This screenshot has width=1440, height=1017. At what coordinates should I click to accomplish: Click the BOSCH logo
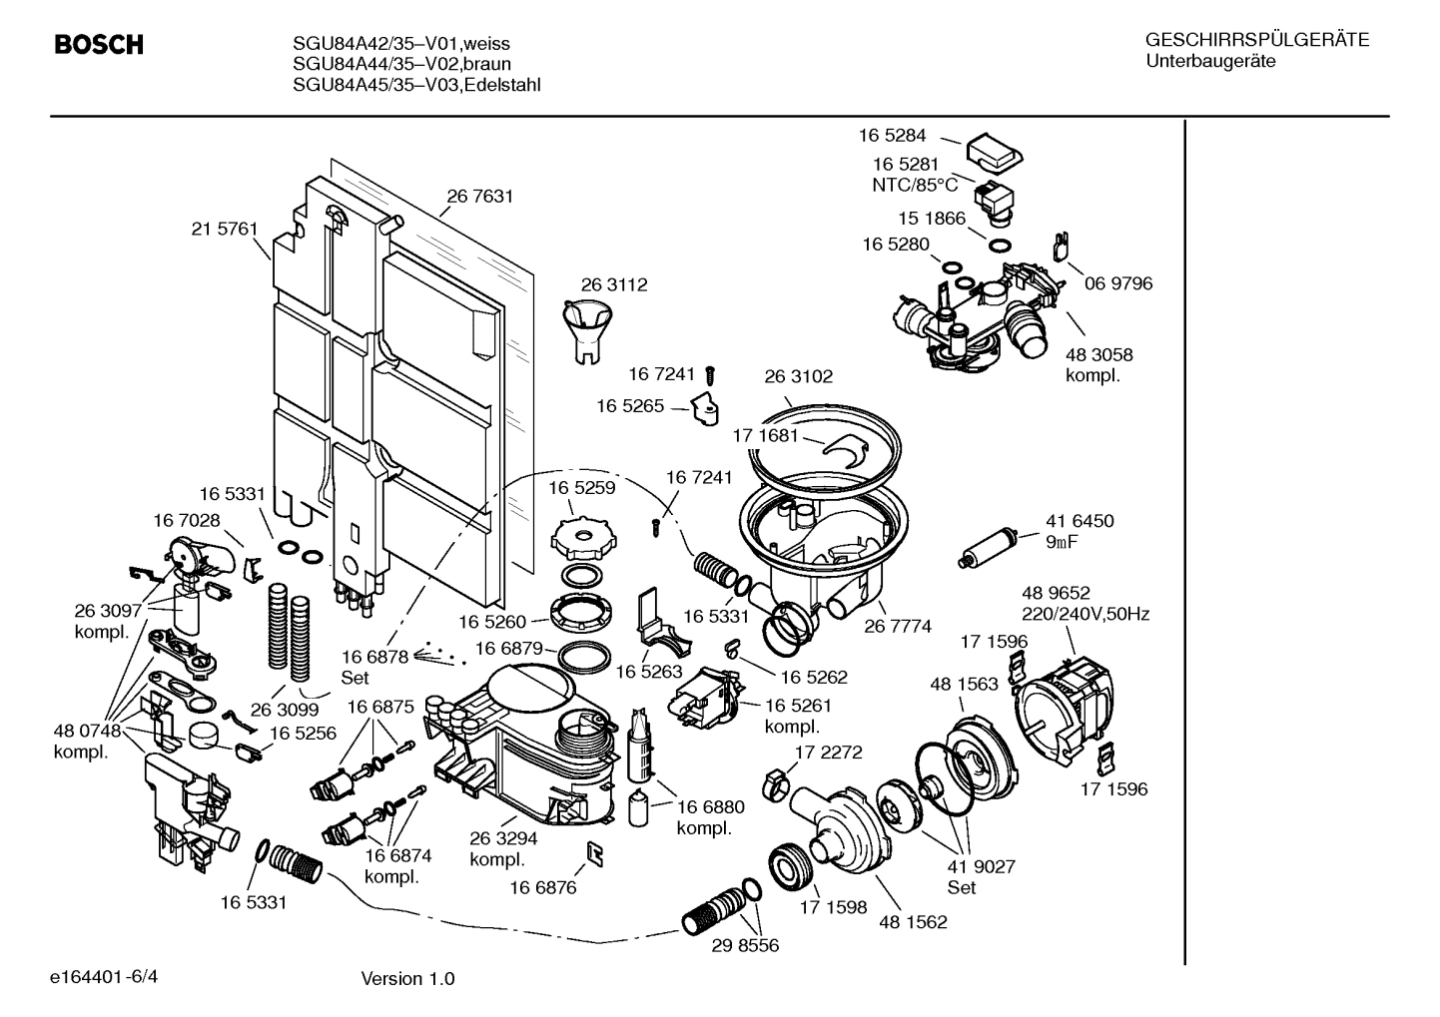98,45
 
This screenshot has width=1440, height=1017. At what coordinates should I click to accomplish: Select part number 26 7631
479,197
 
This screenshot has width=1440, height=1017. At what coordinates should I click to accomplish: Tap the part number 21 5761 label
225,229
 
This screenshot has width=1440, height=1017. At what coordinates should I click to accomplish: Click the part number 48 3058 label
1098,354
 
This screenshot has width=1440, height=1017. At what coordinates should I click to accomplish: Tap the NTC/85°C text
915,185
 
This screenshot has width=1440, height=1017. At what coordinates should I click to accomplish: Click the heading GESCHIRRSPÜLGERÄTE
1256,41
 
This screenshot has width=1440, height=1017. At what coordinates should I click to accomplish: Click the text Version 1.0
407,978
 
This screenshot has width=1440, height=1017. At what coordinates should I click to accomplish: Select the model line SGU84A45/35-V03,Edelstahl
416,85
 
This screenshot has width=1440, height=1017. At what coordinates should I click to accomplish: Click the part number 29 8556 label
745,945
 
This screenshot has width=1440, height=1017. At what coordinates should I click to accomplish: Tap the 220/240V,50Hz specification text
1084,614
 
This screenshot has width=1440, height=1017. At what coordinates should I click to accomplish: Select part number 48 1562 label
913,922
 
